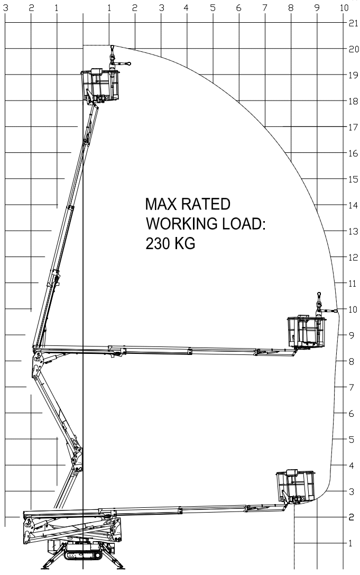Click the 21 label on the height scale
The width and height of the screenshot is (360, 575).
[353, 23]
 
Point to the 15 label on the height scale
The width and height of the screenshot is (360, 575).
[353, 179]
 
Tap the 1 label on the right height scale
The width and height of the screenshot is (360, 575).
[350, 543]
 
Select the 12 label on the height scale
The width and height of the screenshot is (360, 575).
[353, 258]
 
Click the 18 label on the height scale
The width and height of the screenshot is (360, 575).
[353, 101]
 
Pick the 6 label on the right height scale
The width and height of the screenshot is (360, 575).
[351, 414]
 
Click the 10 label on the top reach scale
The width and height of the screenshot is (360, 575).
[344, 7]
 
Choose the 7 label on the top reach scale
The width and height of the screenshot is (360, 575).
[265, 7]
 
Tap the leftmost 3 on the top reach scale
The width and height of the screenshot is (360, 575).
[5, 7]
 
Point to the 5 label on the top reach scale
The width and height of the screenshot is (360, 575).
[213, 7]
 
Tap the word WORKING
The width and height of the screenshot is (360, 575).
[181, 223]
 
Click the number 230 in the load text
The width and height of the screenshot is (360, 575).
[158, 243]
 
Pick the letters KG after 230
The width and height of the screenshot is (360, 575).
[184, 243]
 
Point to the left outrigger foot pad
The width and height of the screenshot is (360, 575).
[45, 567]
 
